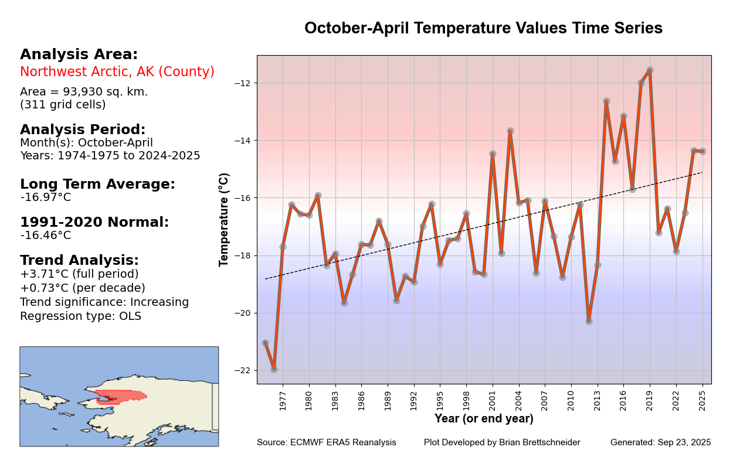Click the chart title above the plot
483,28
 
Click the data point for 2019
650,70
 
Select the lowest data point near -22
274,369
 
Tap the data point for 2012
589,321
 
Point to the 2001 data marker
493,154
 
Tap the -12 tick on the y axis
245,83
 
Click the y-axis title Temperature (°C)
224,220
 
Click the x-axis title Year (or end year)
484,419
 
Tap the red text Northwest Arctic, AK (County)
117,72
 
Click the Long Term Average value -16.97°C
46,197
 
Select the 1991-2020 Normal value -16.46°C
46,236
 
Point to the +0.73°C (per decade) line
83,288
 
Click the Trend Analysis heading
79,261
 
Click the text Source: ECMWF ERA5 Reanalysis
326,442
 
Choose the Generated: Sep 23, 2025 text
660,442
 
